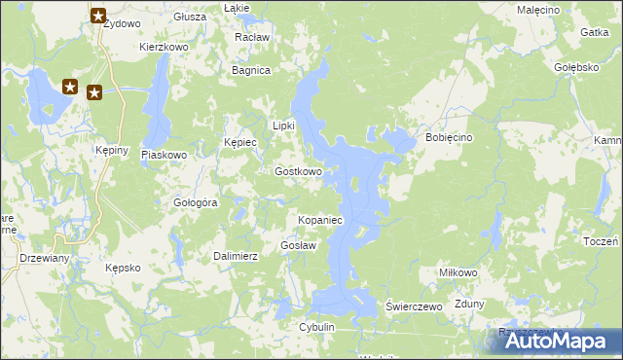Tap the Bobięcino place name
tap(449, 138)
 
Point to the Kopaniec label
tap(319, 221)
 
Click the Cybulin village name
tap(317, 327)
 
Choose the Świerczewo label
tap(415, 306)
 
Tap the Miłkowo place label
tap(458, 272)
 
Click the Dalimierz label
tap(235, 256)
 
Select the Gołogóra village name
tap(195, 202)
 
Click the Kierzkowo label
tap(164, 46)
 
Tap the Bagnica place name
tap(250, 70)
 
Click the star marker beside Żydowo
tap(98, 16)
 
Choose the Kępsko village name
tap(124, 267)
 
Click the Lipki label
tap(283, 126)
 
